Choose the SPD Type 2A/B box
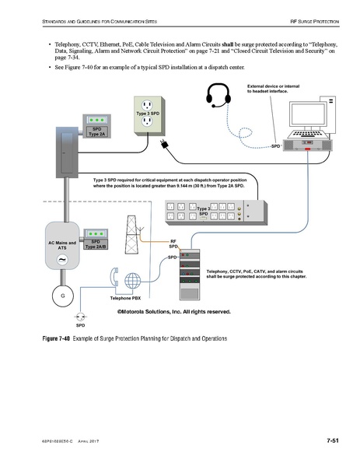96,237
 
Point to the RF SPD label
173,244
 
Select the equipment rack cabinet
190,277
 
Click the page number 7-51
334,442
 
